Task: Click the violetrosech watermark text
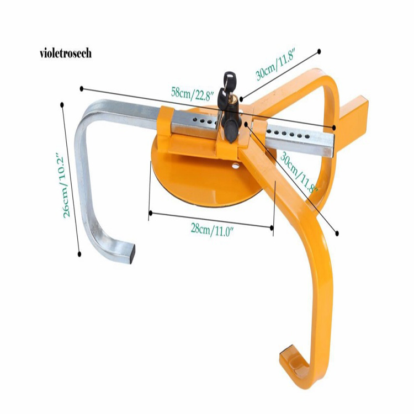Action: pos(65,54)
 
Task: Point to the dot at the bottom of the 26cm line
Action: pos(80,254)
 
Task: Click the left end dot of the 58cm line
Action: pos(82,88)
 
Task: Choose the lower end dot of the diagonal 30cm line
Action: pos(337,233)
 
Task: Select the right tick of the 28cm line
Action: pos(273,226)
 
